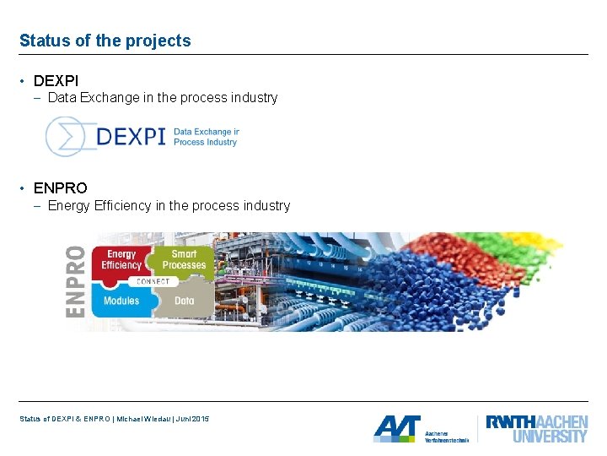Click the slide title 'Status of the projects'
tap(105, 41)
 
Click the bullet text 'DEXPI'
tap(56, 81)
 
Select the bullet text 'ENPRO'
tap(60, 187)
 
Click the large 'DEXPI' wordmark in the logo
tap(130, 137)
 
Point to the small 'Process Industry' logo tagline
tap(206, 143)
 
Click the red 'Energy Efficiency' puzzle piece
tap(122, 261)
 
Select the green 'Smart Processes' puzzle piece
tap(183, 260)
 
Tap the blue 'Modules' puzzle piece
tap(121, 300)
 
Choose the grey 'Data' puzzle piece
tap(185, 300)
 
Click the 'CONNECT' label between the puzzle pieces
tap(153, 280)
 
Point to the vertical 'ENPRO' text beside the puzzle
tap(76, 280)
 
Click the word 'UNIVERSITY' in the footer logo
tap(550, 436)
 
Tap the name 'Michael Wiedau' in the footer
tap(146, 420)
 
